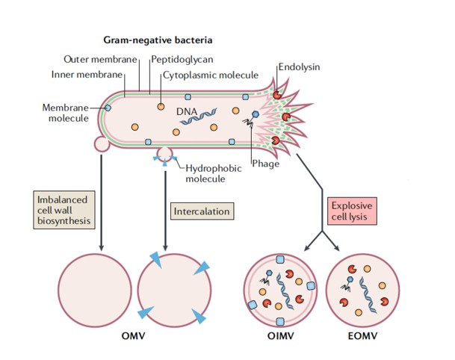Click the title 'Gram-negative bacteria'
[x=158, y=40]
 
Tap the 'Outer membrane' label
[x=100, y=60]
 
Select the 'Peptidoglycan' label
[x=182, y=60]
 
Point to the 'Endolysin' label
[x=299, y=67]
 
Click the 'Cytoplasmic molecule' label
[x=211, y=75]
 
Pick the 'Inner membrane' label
[x=87, y=75]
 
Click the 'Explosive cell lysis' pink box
[x=352, y=211]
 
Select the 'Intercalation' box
[x=202, y=211]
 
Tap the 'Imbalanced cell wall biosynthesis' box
[x=64, y=210]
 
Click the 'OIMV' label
[x=281, y=336]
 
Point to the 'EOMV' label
[x=362, y=336]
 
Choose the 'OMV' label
[x=133, y=336]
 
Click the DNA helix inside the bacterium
[x=199, y=117]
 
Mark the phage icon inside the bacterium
[x=251, y=120]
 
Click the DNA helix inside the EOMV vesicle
[x=368, y=295]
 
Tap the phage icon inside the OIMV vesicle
[x=266, y=277]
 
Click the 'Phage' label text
[x=265, y=164]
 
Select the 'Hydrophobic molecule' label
[x=214, y=173]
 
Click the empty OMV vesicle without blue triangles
[x=95, y=291]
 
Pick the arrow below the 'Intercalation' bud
[x=165, y=211]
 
